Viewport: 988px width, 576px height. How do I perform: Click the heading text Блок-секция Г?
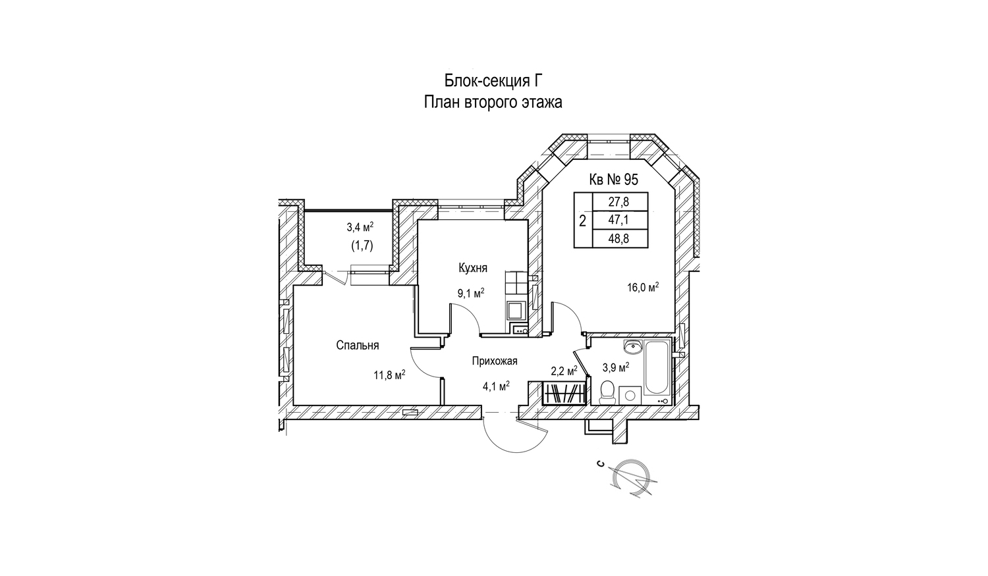tap(493, 82)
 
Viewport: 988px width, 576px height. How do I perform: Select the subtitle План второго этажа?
tap(493, 103)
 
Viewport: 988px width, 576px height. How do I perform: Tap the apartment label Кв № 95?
tap(613, 179)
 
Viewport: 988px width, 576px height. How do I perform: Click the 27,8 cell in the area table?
tap(619, 202)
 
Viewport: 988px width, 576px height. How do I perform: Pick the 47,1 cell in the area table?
tap(619, 221)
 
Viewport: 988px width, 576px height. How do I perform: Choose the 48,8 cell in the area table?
tap(619, 239)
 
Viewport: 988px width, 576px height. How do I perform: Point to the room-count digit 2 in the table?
tap(583, 221)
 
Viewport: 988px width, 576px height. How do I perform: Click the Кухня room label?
tap(473, 268)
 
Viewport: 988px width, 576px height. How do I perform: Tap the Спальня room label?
tap(357, 345)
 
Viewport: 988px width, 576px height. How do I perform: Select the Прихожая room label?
tap(495, 361)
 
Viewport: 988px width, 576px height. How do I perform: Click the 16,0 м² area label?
tap(643, 287)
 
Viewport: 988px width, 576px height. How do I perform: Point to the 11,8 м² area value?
tap(389, 375)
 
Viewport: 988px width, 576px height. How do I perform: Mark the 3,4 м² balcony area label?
tap(360, 227)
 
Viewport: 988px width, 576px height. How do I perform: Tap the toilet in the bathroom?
tap(607, 392)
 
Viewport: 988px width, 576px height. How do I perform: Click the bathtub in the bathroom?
tap(656, 367)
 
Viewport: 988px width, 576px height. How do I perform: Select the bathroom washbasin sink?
tap(634, 346)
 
